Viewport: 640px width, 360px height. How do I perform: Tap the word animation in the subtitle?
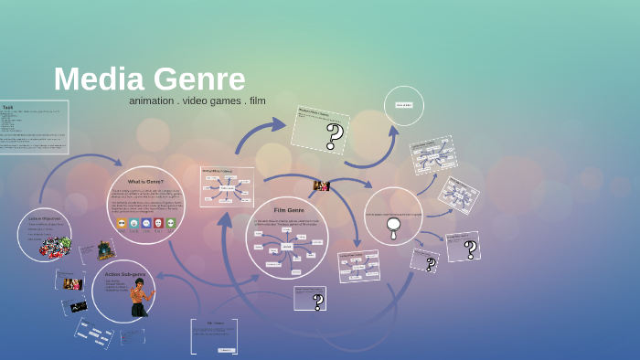152,101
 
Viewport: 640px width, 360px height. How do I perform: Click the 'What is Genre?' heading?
145,182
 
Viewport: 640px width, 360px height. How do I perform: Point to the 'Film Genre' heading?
288,210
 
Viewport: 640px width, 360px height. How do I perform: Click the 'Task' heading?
7,107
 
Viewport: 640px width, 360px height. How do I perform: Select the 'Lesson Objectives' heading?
44,219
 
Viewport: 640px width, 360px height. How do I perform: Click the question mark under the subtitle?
335,136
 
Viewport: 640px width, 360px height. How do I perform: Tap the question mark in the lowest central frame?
318,302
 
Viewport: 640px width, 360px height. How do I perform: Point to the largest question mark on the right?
470,249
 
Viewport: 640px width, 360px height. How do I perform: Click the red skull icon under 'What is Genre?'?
157,222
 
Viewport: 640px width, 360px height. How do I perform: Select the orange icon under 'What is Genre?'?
122,222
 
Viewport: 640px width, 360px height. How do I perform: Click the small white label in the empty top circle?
403,105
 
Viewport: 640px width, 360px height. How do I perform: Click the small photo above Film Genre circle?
321,185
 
